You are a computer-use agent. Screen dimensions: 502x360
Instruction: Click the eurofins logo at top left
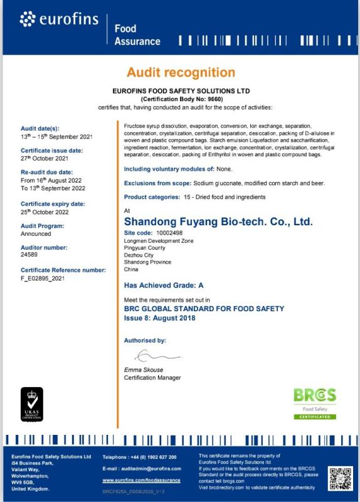[59, 19]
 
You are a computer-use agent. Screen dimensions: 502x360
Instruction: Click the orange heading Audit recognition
[181, 72]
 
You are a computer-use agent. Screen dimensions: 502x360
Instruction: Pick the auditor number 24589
[29, 255]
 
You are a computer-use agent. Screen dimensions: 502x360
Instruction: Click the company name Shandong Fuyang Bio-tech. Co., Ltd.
[218, 222]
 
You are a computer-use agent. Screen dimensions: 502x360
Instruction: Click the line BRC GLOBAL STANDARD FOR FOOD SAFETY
[204, 309]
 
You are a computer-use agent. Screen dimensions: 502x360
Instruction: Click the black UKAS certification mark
[32, 404]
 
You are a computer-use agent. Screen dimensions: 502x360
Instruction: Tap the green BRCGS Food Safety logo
[315, 403]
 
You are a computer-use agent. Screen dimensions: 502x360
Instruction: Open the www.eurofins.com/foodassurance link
[141, 479]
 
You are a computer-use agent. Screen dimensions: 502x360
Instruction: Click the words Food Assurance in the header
[137, 35]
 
